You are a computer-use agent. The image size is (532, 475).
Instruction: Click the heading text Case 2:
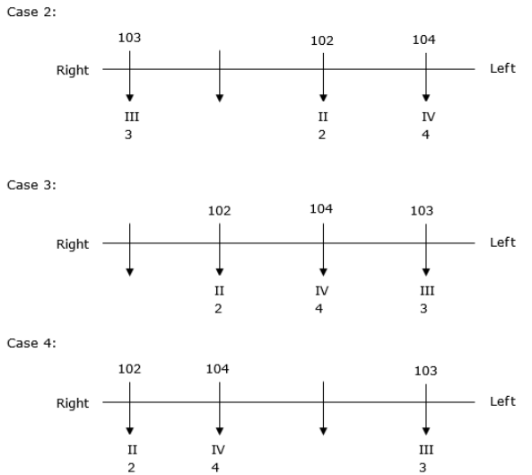tap(31, 13)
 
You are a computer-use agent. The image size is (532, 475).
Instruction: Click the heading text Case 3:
tap(31, 185)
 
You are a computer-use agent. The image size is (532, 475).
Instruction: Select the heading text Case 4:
tap(31, 343)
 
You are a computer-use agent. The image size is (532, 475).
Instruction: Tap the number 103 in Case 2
tap(129, 38)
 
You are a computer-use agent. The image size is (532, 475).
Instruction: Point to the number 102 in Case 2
tap(322, 40)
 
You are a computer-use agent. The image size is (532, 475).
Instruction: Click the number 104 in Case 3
tap(321, 209)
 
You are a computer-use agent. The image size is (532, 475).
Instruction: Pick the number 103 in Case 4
tap(425, 371)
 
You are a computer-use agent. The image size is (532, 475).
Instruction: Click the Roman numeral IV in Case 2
tap(428, 117)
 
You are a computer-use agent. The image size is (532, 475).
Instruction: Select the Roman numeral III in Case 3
tap(427, 291)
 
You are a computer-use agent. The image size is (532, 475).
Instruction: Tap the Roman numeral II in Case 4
tap(132, 450)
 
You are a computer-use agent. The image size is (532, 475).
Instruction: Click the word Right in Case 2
tap(73, 71)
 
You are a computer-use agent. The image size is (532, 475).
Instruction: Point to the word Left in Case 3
tap(502, 242)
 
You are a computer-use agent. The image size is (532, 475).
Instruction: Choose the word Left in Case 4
tap(502, 401)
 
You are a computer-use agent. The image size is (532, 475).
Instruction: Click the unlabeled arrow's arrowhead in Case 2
tap(220, 99)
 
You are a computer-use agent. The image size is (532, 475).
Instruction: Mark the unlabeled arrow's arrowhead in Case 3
tap(129, 272)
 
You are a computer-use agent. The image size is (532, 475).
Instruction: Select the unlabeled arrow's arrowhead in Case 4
tap(323, 431)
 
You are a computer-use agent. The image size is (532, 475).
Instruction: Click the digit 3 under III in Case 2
tap(128, 135)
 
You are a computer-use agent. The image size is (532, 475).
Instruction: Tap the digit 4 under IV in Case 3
tap(318, 309)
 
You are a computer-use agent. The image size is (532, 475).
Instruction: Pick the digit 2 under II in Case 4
tap(131, 468)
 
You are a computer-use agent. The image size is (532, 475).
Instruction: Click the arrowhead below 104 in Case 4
tap(220, 431)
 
